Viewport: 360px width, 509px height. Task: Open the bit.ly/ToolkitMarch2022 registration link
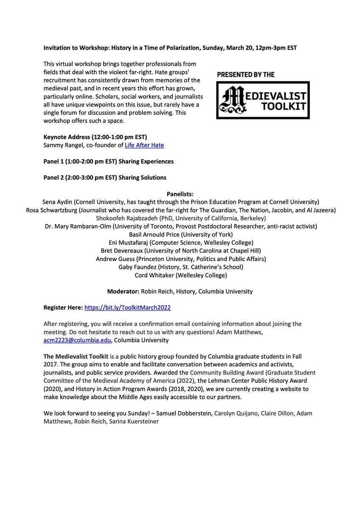click(x=128, y=308)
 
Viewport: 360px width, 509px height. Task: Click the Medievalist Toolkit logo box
click(x=263, y=100)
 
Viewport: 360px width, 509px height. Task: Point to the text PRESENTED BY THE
click(x=246, y=75)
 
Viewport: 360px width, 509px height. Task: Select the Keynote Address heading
click(x=95, y=137)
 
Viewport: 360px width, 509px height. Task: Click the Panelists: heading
click(x=180, y=194)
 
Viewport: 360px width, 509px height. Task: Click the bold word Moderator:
click(x=124, y=291)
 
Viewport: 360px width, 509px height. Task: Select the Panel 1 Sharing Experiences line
click(x=108, y=162)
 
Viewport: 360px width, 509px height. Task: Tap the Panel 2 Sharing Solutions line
click(x=105, y=177)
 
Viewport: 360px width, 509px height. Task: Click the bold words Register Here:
click(x=63, y=308)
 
